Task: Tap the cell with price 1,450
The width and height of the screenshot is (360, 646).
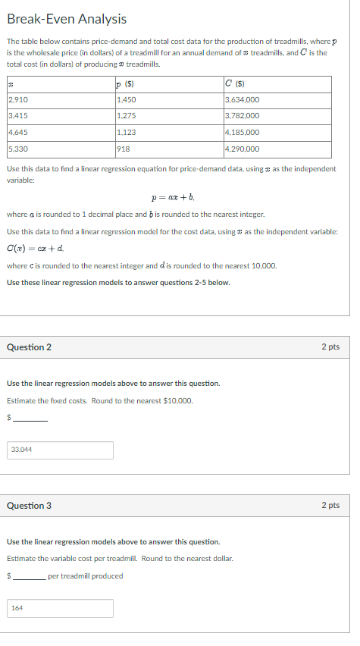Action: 127,99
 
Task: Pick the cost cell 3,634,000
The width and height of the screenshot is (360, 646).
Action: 243,99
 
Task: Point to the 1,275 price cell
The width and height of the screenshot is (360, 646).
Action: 127,115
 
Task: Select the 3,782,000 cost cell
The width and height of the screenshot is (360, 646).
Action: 243,115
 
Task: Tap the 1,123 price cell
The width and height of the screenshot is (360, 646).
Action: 127,132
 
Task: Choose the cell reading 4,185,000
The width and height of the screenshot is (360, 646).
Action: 243,132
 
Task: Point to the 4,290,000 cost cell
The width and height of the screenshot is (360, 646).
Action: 243,149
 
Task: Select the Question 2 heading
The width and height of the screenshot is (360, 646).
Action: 29,347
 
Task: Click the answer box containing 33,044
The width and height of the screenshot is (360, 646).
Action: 61,450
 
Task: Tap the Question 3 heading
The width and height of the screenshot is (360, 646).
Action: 29,505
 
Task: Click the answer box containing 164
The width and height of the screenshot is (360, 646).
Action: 61,608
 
